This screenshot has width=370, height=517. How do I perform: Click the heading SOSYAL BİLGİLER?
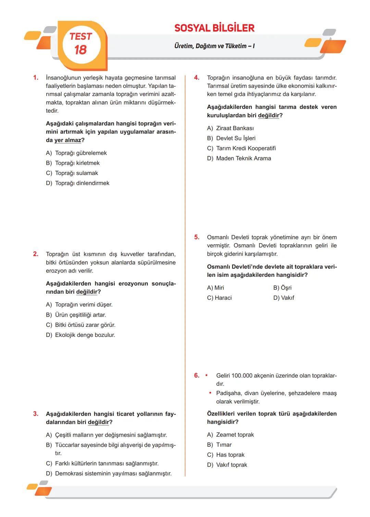point(214,28)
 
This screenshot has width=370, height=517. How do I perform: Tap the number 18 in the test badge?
point(81,50)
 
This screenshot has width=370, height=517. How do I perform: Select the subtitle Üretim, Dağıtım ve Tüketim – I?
point(214,46)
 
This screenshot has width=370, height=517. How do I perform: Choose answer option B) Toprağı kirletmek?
point(73,163)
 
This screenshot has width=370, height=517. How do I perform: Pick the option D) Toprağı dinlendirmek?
point(77,183)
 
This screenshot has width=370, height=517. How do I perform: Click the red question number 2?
point(36,254)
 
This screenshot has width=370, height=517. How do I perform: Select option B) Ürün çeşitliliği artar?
point(76,315)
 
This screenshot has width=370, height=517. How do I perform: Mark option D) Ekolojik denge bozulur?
point(81,335)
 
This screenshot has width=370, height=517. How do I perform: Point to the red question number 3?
point(36,414)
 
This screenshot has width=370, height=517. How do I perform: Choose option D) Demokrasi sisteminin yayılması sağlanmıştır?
point(109,473)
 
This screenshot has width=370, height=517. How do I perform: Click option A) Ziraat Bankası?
point(230,128)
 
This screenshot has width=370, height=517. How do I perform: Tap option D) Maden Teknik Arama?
point(239,158)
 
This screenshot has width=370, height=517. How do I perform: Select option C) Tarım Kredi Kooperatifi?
point(241,148)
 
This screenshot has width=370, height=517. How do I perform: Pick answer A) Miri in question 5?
point(215,288)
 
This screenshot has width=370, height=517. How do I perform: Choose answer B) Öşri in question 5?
point(282,288)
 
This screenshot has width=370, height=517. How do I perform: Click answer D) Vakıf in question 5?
point(284,298)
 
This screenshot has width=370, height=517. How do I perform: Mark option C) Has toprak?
point(226,455)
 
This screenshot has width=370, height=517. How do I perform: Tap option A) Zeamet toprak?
point(230,435)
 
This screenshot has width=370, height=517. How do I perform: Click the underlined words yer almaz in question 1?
point(68,140)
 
